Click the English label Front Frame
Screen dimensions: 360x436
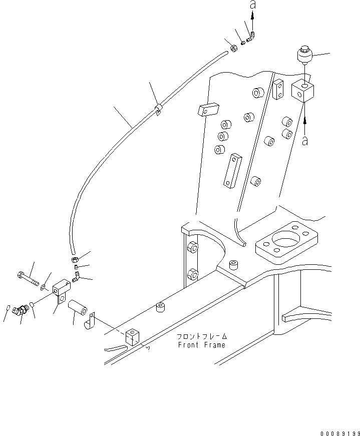[x=201, y=345]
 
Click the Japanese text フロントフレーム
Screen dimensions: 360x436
[x=202, y=336]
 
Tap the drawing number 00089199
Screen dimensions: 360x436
[x=340, y=433]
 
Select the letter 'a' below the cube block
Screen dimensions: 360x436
[x=305, y=141]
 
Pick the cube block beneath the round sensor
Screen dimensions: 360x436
[x=303, y=92]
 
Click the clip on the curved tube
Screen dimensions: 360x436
[x=158, y=109]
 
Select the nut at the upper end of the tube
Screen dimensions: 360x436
[x=233, y=49]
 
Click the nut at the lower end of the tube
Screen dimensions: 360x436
[x=75, y=260]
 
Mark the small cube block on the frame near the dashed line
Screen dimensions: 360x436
[x=132, y=337]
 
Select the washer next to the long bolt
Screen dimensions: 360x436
[x=43, y=287]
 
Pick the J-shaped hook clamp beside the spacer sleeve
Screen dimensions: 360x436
[x=89, y=322]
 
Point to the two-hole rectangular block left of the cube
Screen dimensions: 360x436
[x=278, y=90]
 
